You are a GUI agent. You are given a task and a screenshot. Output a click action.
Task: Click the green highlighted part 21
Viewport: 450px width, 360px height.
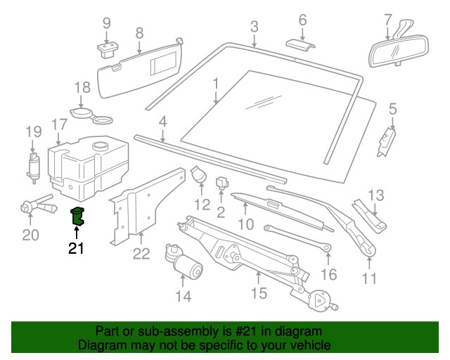pyautogui.click(x=77, y=217)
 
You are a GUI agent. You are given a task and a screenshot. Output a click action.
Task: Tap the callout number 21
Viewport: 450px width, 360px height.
pyautogui.click(x=77, y=247)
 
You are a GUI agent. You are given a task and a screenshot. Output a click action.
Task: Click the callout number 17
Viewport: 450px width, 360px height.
pyautogui.click(x=59, y=124)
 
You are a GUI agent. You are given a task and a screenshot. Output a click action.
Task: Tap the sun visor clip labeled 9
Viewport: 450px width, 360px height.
pyautogui.click(x=107, y=49)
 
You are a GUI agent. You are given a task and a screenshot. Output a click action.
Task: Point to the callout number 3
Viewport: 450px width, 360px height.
pyautogui.click(x=254, y=26)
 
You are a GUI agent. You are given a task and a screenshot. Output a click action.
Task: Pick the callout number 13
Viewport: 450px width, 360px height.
pyautogui.click(x=377, y=194)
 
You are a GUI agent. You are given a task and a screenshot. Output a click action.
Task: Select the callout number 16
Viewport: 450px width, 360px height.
pyautogui.click(x=329, y=274)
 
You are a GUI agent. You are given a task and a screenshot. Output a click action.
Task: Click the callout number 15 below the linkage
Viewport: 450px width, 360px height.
pyautogui.click(x=259, y=292)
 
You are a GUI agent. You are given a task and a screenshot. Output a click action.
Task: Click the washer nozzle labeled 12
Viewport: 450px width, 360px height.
pyautogui.click(x=199, y=175)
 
